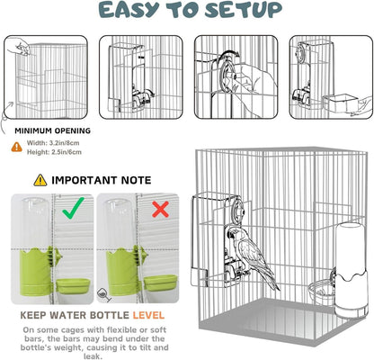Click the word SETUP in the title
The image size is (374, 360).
[244, 10]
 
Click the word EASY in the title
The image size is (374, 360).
[129, 10]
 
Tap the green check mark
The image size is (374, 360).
[74, 208]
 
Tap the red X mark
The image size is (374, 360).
[161, 209]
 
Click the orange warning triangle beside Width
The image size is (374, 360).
[17, 147]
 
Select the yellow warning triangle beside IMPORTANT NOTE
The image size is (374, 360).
[40, 180]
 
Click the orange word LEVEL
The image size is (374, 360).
[148, 315]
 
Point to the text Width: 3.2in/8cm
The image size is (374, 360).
[53, 143]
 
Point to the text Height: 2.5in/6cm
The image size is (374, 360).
[54, 152]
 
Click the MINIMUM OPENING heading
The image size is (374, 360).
[53, 130]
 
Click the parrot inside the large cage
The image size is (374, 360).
[252, 255]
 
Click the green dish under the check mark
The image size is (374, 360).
[73, 286]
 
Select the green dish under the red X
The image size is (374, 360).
[160, 283]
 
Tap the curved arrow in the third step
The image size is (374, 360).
[230, 54]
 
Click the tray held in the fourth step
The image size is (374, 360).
[338, 103]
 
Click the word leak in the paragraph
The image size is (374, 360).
[93, 356]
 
